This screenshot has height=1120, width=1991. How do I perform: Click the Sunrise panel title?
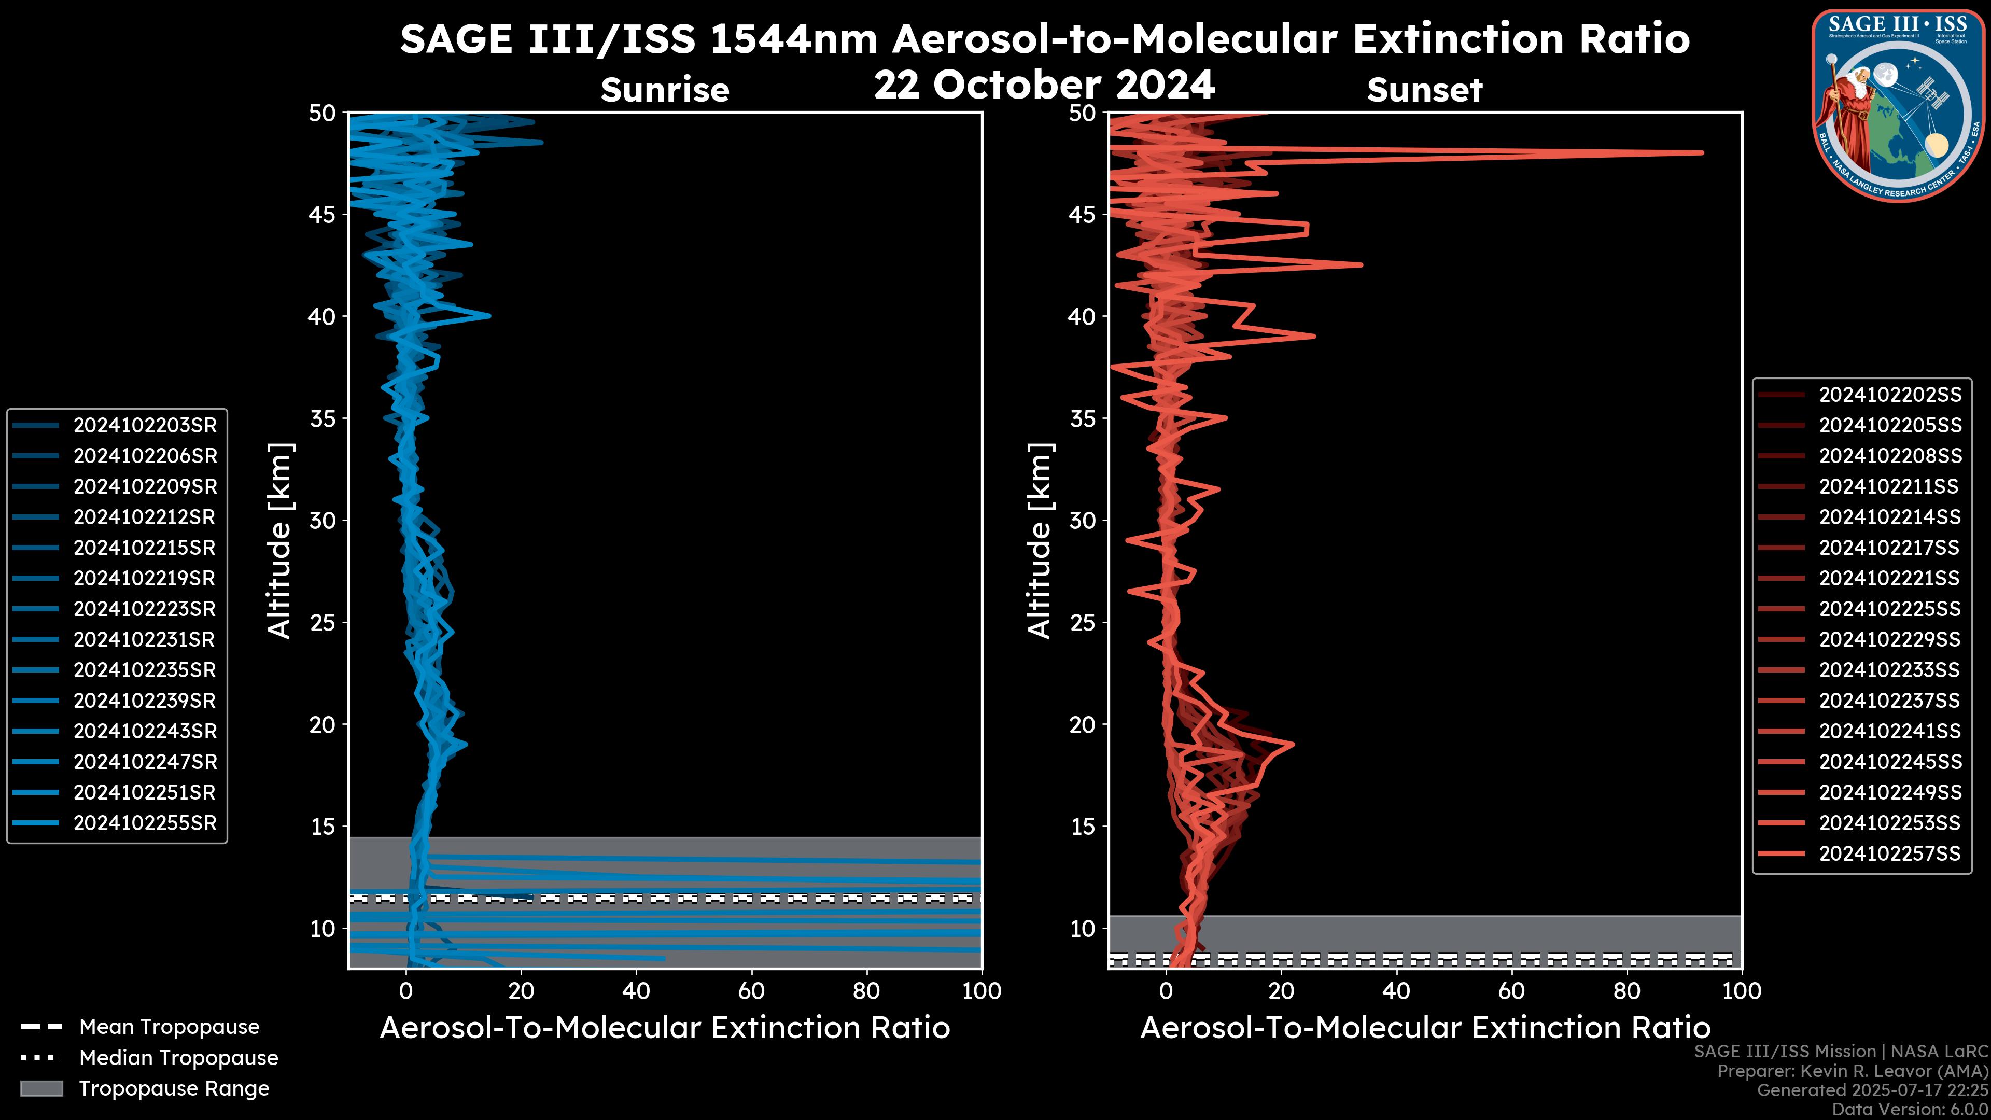coord(665,90)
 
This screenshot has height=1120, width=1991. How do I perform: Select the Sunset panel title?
coord(1424,90)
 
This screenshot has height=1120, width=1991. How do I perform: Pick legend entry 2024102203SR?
coord(145,425)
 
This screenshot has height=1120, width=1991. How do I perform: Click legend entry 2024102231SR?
coord(145,639)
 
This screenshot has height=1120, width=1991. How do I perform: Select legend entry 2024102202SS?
coord(1890,395)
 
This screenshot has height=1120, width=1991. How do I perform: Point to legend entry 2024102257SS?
coord(1890,853)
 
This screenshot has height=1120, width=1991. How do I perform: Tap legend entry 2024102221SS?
coord(1890,578)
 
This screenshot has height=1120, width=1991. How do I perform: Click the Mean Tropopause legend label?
coord(169,1027)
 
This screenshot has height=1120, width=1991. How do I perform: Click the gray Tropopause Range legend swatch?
coord(41,1088)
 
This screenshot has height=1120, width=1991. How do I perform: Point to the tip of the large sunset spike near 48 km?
coord(1701,152)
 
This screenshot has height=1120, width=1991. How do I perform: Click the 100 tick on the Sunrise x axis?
coord(982,991)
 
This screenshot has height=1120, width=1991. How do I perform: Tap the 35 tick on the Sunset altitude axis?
coord(1082,418)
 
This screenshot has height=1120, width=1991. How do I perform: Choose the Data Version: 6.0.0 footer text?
coord(1910,1109)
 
